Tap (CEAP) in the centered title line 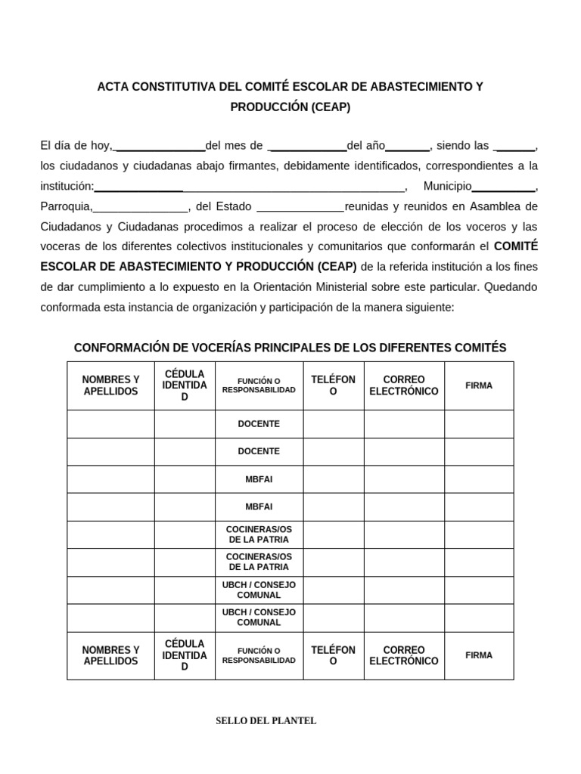tap(331, 107)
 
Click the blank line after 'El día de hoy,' tap(160, 146)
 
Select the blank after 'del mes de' tap(308, 146)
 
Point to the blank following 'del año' tap(408, 146)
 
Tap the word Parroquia tap(66, 206)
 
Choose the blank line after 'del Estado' tap(300, 206)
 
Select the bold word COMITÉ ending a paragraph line tap(516, 246)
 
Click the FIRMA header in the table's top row tap(479, 385)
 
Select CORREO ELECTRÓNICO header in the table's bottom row tap(404, 655)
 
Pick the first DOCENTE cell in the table tap(259, 424)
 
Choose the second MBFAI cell tap(259, 506)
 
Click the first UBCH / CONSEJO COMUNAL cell tap(259, 590)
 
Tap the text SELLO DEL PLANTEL tap(266, 721)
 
